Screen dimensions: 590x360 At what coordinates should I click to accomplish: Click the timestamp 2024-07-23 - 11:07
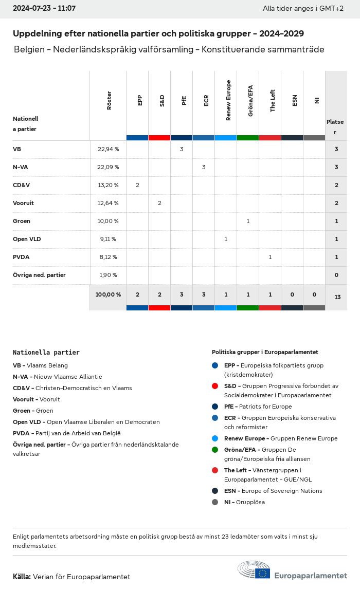tap(44, 9)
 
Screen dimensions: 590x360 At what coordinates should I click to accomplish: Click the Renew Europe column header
tap(228, 100)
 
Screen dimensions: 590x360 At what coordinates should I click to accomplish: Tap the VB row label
tap(17, 149)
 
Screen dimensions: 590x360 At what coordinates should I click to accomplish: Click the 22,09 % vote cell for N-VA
tap(108, 167)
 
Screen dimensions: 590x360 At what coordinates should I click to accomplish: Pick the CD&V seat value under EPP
tap(137, 185)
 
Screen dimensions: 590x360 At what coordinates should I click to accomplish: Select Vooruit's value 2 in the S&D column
tap(159, 203)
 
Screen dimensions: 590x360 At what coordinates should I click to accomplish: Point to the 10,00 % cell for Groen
tap(108, 221)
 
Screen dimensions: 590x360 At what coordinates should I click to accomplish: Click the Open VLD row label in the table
tap(27, 239)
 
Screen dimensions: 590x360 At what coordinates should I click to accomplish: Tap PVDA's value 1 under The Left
tap(270, 257)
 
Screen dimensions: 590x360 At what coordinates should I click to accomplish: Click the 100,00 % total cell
tap(108, 294)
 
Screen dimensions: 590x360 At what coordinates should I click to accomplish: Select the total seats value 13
tap(337, 297)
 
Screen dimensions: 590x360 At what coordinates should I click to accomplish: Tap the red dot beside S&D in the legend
tap(215, 385)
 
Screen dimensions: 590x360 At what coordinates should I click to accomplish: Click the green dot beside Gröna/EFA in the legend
tap(215, 449)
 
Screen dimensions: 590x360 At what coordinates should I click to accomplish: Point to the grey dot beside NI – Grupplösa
tap(215, 502)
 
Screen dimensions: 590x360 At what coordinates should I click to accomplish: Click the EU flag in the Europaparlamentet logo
tap(263, 573)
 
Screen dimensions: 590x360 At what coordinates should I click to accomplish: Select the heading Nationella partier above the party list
tap(46, 353)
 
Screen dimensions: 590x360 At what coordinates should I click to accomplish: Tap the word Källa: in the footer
tap(22, 577)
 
